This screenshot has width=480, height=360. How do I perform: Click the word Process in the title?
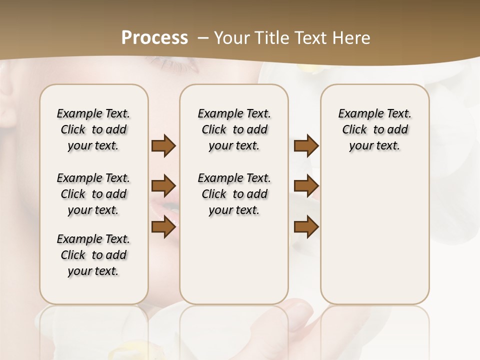point(154,37)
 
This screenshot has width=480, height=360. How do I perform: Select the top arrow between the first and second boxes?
point(163,146)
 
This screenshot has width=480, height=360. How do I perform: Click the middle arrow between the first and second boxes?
point(163,186)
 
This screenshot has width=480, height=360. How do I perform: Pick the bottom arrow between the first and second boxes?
point(163,226)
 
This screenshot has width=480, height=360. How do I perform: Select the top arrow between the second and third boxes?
point(306,146)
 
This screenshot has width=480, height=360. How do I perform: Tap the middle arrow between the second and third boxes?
point(306,186)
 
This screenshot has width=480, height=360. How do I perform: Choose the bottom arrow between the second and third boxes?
point(306,226)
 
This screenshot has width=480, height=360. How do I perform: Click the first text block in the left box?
point(93,129)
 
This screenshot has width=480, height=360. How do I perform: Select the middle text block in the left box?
point(93,194)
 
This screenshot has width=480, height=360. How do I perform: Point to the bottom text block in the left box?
point(93,255)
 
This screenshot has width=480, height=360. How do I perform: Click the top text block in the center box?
point(234,129)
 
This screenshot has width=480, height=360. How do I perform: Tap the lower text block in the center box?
point(234,194)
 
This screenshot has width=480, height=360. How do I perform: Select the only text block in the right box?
point(374,129)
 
